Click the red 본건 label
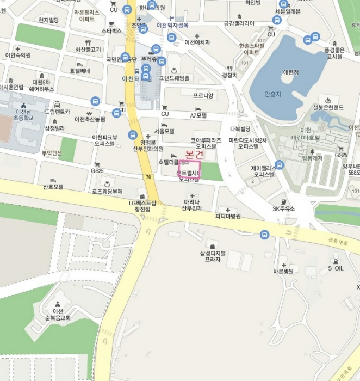click(195, 154)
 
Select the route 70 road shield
click(148, 177)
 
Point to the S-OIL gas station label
click(336, 268)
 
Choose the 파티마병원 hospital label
click(228, 216)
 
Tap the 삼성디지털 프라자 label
click(213, 256)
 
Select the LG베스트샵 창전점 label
click(142, 205)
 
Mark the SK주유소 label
click(283, 208)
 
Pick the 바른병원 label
click(283, 271)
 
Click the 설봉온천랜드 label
click(328, 107)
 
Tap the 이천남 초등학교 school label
click(21, 114)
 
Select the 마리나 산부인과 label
click(192, 205)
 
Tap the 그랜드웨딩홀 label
click(174, 78)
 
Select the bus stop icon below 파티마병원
click(264, 235)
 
